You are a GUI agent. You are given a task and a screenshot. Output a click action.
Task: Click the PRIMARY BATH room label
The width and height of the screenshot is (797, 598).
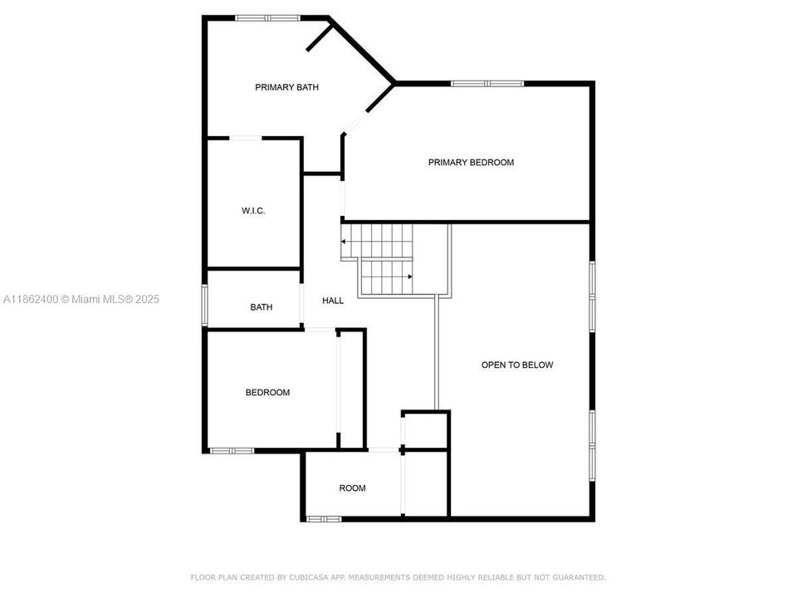(x=286, y=87)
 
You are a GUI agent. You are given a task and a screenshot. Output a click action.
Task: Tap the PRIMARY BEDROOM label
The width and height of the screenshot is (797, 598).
(x=471, y=163)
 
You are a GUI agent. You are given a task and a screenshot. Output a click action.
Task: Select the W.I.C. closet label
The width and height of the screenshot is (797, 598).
(x=253, y=210)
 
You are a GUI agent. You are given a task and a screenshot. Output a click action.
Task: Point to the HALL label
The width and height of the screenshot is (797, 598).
(x=333, y=301)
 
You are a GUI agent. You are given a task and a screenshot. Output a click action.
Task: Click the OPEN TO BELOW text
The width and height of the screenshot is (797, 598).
(x=517, y=365)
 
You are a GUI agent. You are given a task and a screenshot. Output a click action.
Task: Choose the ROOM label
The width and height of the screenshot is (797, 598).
(x=352, y=488)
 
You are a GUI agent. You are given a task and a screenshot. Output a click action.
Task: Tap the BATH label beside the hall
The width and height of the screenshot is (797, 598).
(x=262, y=307)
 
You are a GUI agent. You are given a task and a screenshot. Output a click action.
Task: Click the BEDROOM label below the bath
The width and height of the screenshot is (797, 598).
(x=267, y=393)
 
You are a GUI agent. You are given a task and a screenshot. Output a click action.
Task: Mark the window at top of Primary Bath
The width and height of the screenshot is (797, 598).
(x=267, y=18)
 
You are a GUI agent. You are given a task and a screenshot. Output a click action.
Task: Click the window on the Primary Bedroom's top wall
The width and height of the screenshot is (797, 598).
(x=487, y=84)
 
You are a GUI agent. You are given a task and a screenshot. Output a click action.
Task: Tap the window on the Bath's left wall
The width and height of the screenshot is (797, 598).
(x=205, y=305)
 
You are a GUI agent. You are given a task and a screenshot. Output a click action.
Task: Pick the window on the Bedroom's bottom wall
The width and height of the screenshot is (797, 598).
(x=232, y=450)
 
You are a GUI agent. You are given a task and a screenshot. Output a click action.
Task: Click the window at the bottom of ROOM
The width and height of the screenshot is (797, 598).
(x=323, y=519)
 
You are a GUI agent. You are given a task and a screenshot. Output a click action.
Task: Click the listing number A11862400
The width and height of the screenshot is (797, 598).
(x=31, y=300)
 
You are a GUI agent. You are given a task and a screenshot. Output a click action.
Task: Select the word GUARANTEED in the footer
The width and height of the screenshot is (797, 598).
(x=579, y=578)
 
